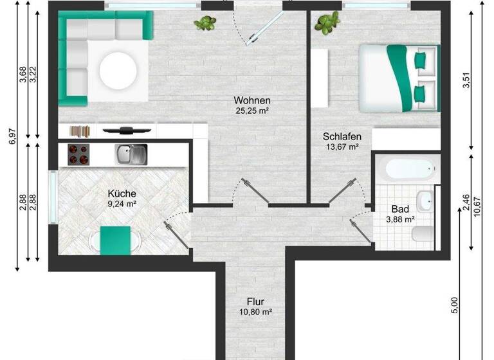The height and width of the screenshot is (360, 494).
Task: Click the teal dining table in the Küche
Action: coord(116,240)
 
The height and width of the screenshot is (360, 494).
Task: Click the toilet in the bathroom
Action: coord(423,236)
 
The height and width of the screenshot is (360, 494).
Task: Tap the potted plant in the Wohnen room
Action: coord(205,24)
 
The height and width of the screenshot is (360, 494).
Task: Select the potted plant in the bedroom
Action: coord(327,24)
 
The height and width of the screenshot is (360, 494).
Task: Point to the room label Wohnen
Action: coord(252,100)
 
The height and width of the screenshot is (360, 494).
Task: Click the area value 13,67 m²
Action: coord(342,147)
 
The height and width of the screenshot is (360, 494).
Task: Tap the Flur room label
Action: coord(255,301)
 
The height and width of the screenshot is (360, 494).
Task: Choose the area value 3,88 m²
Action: coord(399,219)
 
